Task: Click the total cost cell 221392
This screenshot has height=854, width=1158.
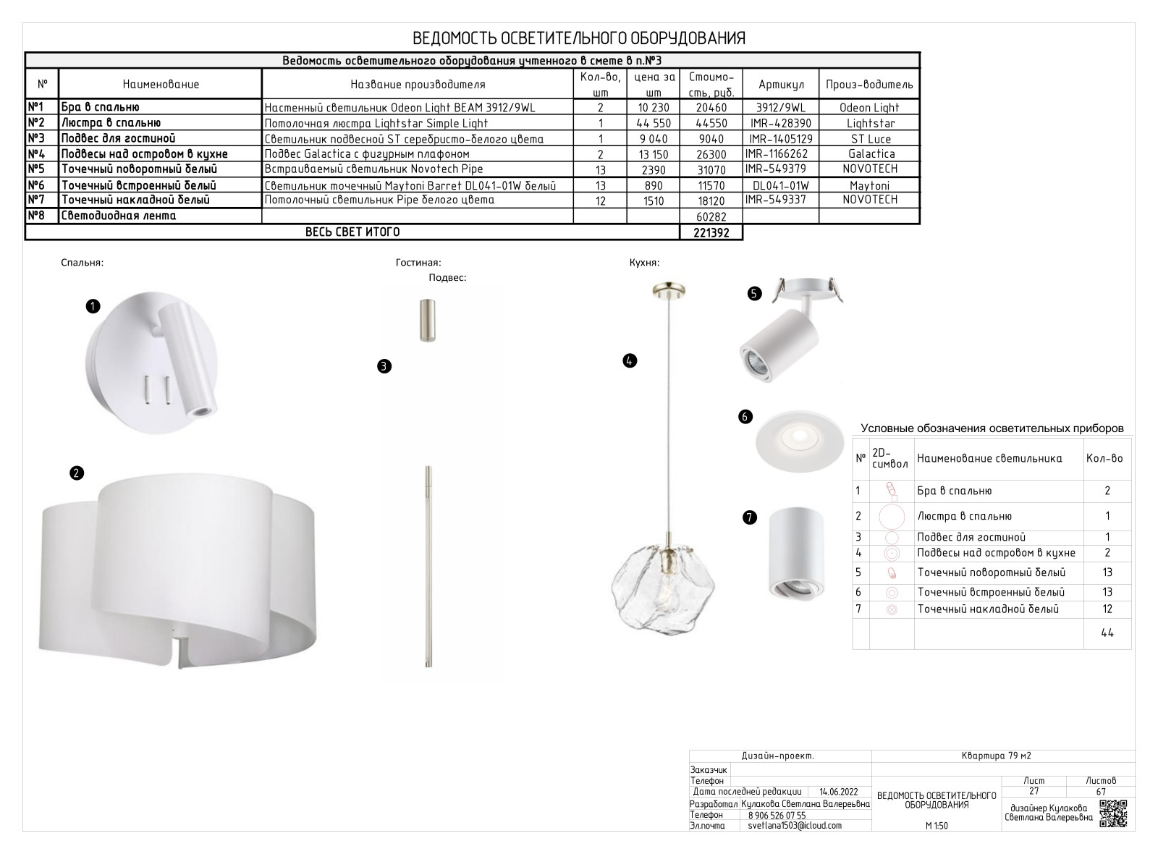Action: click(711, 233)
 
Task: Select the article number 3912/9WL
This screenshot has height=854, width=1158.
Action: click(782, 108)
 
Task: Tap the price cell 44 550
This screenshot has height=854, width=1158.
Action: click(652, 124)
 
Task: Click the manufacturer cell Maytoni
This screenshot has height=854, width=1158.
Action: click(869, 185)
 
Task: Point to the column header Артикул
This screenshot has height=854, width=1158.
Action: click(782, 85)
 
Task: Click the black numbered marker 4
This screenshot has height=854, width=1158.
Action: click(630, 360)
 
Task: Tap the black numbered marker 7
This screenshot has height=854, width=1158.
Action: click(750, 517)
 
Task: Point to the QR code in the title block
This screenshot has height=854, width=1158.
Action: click(1113, 813)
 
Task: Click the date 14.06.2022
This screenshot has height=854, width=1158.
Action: click(839, 792)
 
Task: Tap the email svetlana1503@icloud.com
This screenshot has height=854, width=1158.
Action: click(795, 826)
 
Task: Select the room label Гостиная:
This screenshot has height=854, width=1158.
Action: click(418, 263)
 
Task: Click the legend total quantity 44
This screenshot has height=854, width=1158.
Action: click(1107, 633)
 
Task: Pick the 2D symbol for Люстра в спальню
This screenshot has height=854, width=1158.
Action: click(892, 517)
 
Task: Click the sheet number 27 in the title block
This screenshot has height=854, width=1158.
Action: click(1034, 791)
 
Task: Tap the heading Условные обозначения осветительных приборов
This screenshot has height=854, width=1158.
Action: click(992, 428)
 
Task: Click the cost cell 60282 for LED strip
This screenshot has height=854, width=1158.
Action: click(711, 216)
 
